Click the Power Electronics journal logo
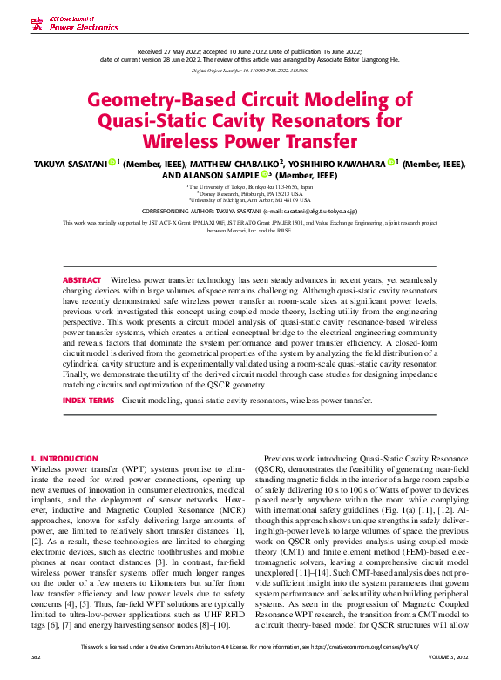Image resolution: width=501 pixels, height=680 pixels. coord(75,24)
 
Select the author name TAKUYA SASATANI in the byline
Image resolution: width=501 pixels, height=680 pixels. coord(71,164)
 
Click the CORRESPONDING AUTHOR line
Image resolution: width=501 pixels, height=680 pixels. coord(250,211)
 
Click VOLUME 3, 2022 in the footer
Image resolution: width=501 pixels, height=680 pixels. coord(450,671)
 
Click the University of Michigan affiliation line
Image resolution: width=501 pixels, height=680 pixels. coord(250,199)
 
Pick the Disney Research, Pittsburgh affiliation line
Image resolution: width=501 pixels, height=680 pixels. coord(250,192)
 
